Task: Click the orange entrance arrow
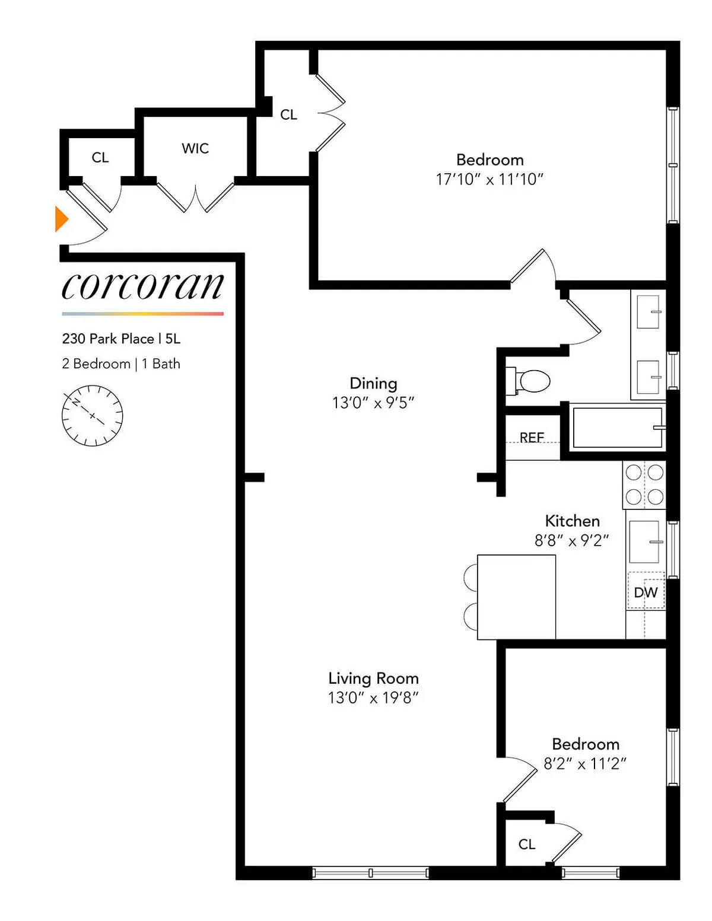point(61,219)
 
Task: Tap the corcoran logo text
point(142,286)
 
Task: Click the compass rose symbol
point(92,416)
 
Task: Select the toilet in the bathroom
point(530,381)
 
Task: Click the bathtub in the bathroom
point(617,428)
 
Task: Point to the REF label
point(532,437)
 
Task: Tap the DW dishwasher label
point(646,592)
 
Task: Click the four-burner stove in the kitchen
point(644,485)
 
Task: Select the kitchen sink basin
point(644,541)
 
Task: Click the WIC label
point(195,148)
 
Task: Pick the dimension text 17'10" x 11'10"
point(490,179)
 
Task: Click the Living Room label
point(373,678)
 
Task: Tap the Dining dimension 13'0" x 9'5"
point(373,403)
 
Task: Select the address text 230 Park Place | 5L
point(121,339)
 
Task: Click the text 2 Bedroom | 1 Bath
point(121,364)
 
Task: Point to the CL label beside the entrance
point(100,157)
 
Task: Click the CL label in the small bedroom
point(527,844)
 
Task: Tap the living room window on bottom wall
point(370,872)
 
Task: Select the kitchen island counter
point(516,597)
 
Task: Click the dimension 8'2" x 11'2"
point(585,764)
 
